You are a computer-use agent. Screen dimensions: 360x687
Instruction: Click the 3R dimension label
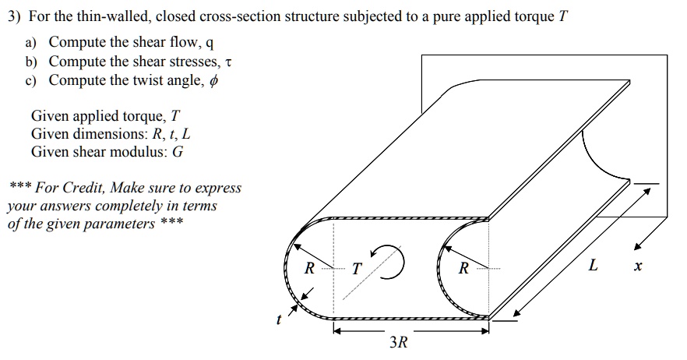point(398,342)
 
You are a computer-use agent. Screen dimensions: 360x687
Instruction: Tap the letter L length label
point(594,266)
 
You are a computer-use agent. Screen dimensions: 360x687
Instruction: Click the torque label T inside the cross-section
point(356,270)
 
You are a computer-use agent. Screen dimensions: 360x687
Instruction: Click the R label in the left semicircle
point(309,269)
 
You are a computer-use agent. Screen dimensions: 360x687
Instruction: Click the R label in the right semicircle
point(463,269)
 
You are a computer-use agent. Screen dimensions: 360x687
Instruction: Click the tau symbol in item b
point(228,62)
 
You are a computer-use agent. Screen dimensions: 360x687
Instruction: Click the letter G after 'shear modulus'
point(178,152)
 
